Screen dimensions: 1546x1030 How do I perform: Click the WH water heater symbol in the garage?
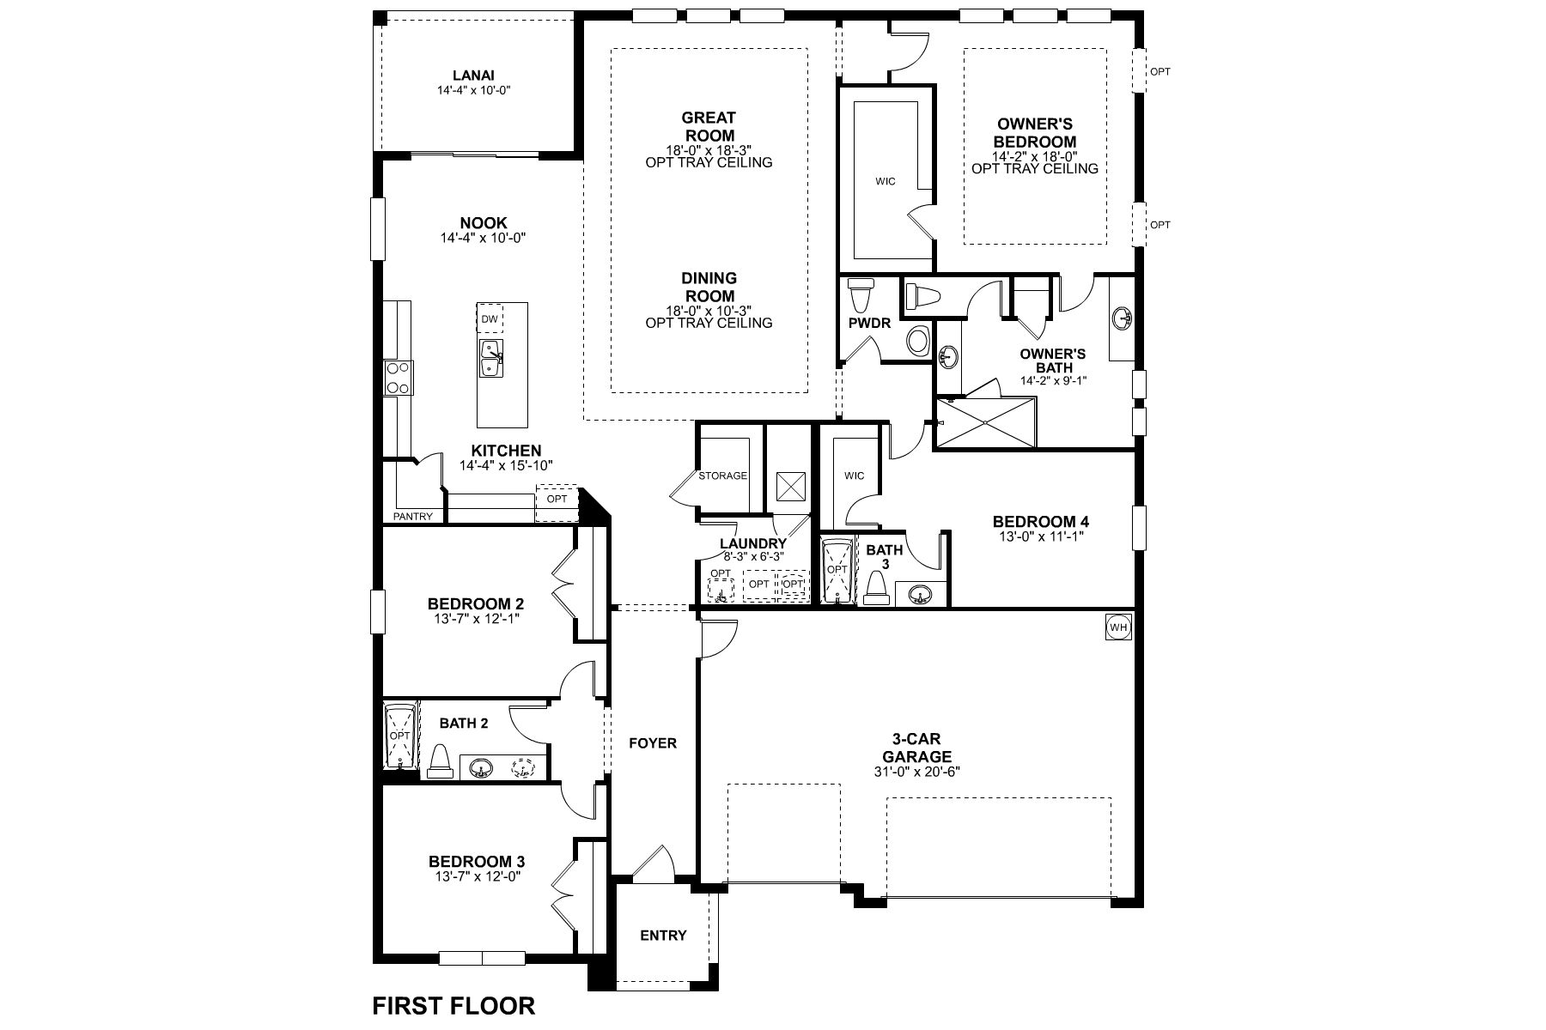coord(1118,627)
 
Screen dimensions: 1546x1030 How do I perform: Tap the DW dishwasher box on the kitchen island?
coord(490,319)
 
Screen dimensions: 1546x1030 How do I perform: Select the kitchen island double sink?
coord(490,359)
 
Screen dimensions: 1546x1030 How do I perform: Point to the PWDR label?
coord(869,324)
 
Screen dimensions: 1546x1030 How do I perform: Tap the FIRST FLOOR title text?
coord(453,1005)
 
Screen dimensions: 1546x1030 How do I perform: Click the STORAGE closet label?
coord(722,476)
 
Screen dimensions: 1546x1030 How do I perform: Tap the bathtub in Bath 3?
coord(836,570)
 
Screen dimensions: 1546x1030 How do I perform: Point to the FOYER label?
coord(653,743)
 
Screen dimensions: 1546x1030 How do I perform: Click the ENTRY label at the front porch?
coord(663,936)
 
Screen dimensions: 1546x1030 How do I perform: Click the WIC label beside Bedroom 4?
coord(854,476)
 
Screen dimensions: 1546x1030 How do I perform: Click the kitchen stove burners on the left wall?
coord(398,377)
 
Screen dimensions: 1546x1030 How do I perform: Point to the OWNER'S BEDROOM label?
coord(1035,133)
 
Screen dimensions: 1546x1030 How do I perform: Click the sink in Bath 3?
coord(921,594)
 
